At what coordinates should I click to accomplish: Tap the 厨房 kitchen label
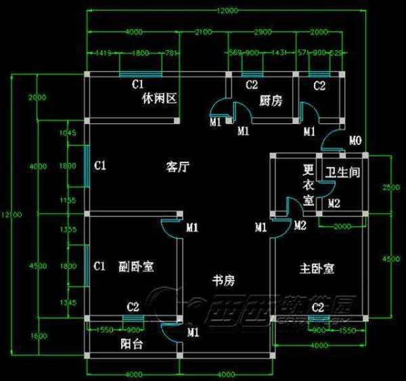pos(270,100)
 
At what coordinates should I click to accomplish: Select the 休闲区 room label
pos(159,99)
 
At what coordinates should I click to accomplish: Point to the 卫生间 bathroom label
pos(342,173)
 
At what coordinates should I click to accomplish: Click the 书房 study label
pos(223,279)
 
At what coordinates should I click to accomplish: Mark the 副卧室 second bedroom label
pos(136,267)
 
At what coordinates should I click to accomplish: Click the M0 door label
pos(356,141)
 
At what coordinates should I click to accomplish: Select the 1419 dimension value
pos(103,53)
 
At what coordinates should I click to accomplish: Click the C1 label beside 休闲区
pos(138,85)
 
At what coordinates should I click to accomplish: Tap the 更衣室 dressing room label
pos(309,185)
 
